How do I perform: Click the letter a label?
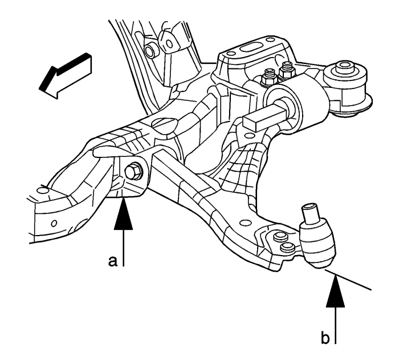pyautogui.click(x=113, y=261)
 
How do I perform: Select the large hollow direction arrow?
pyautogui.click(x=63, y=75)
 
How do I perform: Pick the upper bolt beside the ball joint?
pyautogui.click(x=279, y=237)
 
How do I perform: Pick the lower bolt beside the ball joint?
pyautogui.click(x=288, y=248)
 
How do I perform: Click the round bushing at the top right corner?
pyautogui.click(x=345, y=71)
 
